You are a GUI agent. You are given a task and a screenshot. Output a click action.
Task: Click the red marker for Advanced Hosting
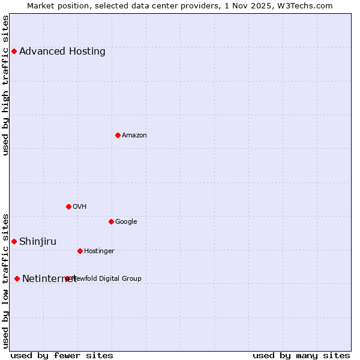(x=14, y=51)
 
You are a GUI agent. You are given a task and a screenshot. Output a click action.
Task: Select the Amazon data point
(x=118, y=135)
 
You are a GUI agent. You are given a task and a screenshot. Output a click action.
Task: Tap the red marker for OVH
(x=68, y=206)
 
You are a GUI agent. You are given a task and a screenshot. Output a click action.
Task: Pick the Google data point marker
(x=111, y=221)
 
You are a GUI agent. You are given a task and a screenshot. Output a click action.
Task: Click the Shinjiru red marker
(x=14, y=241)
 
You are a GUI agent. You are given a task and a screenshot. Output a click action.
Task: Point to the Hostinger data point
(x=80, y=251)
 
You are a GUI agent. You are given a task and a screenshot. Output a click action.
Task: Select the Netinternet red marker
(x=17, y=278)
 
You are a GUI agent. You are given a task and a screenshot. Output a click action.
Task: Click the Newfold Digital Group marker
(x=67, y=278)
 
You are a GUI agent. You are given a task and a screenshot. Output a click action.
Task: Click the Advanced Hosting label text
(x=62, y=51)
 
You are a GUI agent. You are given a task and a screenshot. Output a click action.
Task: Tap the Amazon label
(x=134, y=135)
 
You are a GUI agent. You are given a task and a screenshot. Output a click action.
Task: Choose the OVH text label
(x=80, y=206)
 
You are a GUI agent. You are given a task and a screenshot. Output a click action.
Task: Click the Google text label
(x=126, y=221)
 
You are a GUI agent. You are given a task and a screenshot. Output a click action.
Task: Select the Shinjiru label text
(x=38, y=241)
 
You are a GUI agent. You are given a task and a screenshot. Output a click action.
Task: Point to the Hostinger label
(x=99, y=251)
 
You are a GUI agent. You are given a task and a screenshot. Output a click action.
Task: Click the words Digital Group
(x=121, y=278)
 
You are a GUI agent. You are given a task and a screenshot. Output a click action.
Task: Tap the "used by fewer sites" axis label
(x=62, y=355)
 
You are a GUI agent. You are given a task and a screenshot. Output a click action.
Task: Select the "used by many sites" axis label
(x=301, y=355)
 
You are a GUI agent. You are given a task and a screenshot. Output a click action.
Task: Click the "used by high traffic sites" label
(x=5, y=85)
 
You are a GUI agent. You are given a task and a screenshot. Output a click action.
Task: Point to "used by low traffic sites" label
(x=5, y=281)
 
